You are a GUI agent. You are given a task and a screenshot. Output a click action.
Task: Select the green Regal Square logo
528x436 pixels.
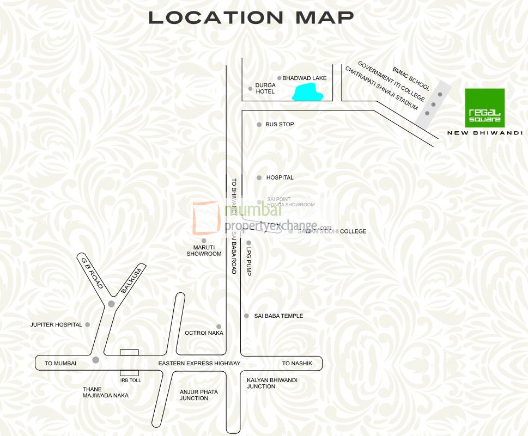484,108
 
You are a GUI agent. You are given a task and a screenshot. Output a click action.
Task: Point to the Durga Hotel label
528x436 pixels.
265,88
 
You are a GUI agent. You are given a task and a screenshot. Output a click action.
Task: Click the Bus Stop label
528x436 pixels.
280,125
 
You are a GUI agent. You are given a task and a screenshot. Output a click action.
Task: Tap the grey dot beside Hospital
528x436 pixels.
259,178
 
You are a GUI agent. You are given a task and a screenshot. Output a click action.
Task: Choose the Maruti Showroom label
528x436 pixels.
204,250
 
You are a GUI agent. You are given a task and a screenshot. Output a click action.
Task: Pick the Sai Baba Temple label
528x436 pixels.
278,316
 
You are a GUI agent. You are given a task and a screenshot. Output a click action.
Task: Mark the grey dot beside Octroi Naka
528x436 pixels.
219,327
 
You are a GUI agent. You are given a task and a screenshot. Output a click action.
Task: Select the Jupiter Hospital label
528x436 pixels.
56,325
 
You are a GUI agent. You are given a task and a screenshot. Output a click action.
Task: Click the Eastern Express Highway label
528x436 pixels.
199,364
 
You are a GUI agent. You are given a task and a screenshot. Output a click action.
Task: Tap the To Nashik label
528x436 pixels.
297,364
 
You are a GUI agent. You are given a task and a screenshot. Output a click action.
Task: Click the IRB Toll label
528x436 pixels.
130,380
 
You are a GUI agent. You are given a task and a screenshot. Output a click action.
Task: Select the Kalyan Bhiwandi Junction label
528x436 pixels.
272,383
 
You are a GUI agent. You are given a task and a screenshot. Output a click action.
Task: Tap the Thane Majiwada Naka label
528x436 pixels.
106,392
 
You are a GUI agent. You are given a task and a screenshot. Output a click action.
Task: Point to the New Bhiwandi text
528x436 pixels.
484,133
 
